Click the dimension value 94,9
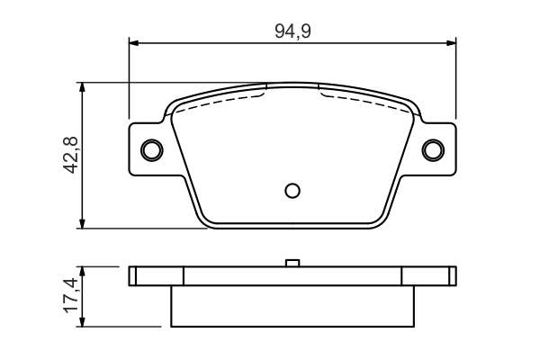click(x=292, y=30)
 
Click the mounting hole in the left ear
click(x=151, y=148)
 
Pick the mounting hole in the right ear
click(x=434, y=148)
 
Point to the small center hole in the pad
click(x=292, y=190)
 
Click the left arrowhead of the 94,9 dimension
click(x=134, y=41)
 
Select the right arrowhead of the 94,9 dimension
click(x=452, y=41)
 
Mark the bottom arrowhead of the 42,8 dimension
click(x=83, y=223)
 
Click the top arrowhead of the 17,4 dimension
click(x=83, y=271)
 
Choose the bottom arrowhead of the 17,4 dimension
click(x=83, y=321)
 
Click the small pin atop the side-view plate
click(x=292, y=263)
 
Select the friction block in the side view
click(x=292, y=306)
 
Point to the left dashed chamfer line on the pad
click(x=220, y=97)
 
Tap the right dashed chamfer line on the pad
click(x=364, y=97)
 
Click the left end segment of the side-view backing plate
click(x=156, y=276)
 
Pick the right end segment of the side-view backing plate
click(x=429, y=276)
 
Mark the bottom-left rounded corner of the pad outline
click(x=207, y=220)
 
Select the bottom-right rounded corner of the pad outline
click(x=378, y=220)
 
